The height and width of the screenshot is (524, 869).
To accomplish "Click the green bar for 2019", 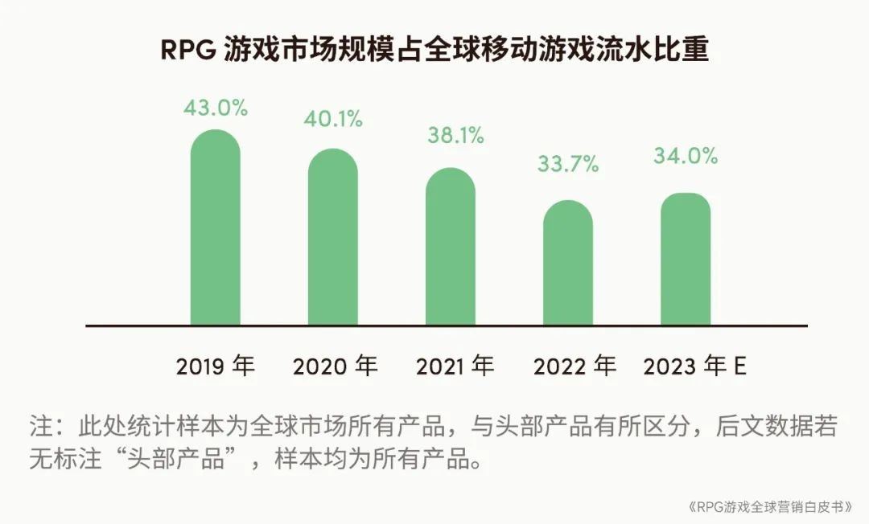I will click(215, 229).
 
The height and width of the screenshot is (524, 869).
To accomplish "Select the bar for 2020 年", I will click(333, 239).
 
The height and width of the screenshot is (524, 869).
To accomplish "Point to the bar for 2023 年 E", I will click(686, 260).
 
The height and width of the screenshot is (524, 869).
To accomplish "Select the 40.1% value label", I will click(333, 120).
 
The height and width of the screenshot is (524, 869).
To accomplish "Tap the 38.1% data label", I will click(455, 136).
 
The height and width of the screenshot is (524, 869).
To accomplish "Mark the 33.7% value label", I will click(569, 166).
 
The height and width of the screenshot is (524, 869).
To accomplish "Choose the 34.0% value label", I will click(686, 156).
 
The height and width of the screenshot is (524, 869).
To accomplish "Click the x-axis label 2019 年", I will click(215, 366).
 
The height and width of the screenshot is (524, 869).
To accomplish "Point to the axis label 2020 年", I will click(335, 366).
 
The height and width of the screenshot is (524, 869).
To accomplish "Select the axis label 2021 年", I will click(455, 366).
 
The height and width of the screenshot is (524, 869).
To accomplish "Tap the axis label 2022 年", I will click(575, 366).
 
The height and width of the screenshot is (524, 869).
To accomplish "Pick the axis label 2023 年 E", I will click(695, 366).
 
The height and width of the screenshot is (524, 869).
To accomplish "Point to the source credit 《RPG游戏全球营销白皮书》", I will click(769, 508).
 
